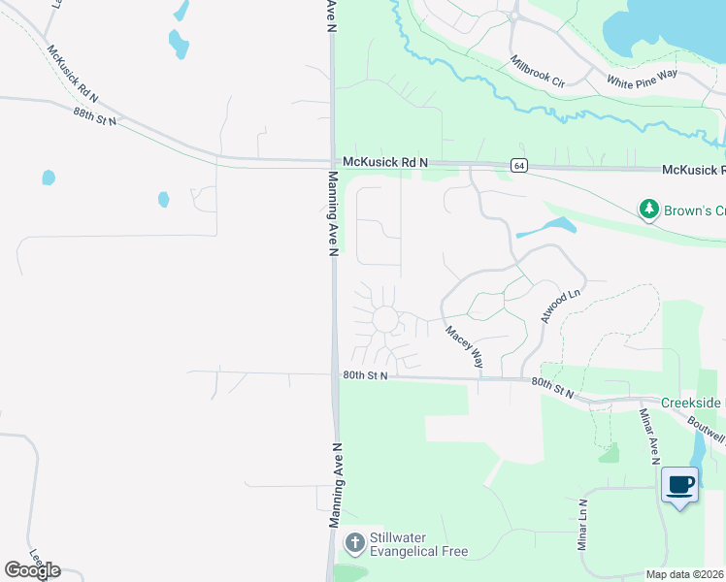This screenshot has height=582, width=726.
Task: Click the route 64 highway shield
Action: pos(520,165)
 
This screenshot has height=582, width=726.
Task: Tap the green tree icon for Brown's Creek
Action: pos(647,209)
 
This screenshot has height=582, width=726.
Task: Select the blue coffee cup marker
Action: pos(679,483)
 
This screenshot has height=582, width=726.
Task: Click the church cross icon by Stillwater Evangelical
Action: pos(355,542)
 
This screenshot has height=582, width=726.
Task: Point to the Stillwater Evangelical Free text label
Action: pos(419,544)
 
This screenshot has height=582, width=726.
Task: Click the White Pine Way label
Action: pos(642,82)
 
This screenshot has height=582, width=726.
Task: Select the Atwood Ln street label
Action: pos(560,306)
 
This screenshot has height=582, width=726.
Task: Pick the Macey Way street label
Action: pos(465,345)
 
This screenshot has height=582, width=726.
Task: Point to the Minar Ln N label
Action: pos(583,525)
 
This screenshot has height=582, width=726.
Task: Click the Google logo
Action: pos(32,569)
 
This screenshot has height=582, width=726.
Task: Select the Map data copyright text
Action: pos(684,574)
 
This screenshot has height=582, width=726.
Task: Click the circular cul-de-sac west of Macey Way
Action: pos(385,318)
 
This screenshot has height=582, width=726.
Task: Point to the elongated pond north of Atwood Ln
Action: pos(546,228)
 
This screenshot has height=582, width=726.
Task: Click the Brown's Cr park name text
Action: pos(694,210)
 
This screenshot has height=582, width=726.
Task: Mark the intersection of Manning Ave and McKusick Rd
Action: pos(332,161)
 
